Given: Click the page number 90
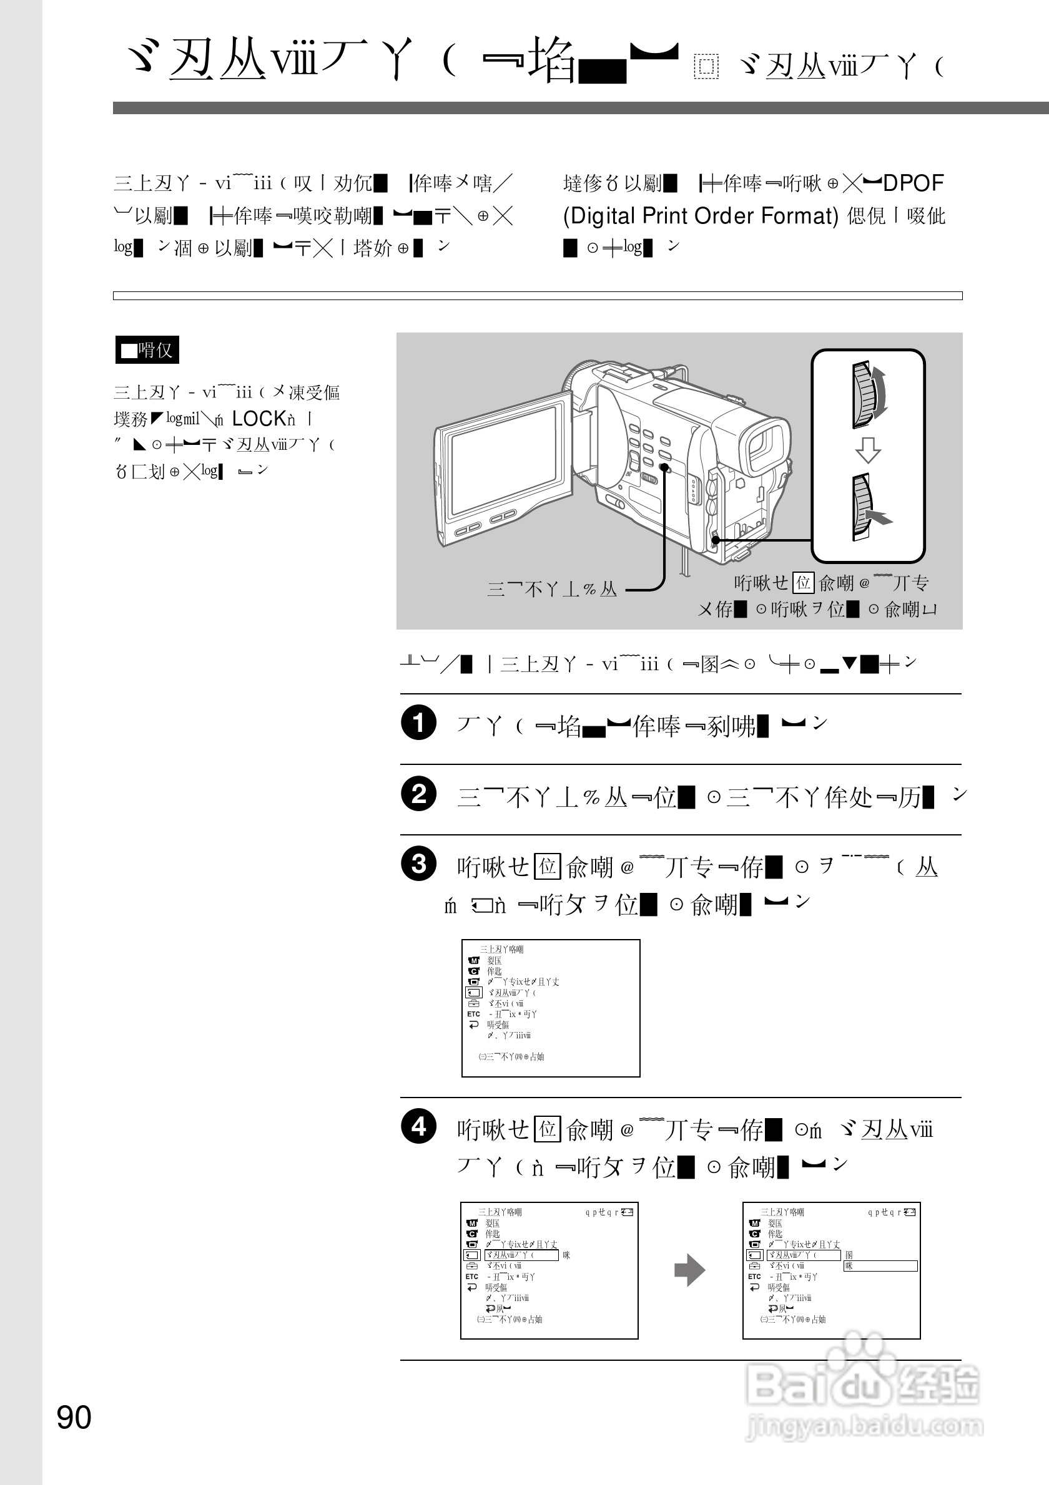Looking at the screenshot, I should [x=74, y=1417].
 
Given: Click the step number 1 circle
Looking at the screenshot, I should [x=419, y=723].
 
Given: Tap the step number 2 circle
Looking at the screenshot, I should [x=419, y=794].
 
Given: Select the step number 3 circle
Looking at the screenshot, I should [x=419, y=864].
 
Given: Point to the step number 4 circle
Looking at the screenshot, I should [x=419, y=1127].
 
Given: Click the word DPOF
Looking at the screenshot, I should [x=913, y=183].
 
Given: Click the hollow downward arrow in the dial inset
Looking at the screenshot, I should [x=868, y=450].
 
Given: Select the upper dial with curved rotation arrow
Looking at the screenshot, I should [x=866, y=395].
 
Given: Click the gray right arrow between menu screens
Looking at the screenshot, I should [x=689, y=1270].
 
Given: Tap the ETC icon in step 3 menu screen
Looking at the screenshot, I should [x=474, y=1014].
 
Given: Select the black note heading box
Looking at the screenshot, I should [x=147, y=350].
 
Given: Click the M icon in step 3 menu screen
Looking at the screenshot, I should [x=473, y=960].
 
